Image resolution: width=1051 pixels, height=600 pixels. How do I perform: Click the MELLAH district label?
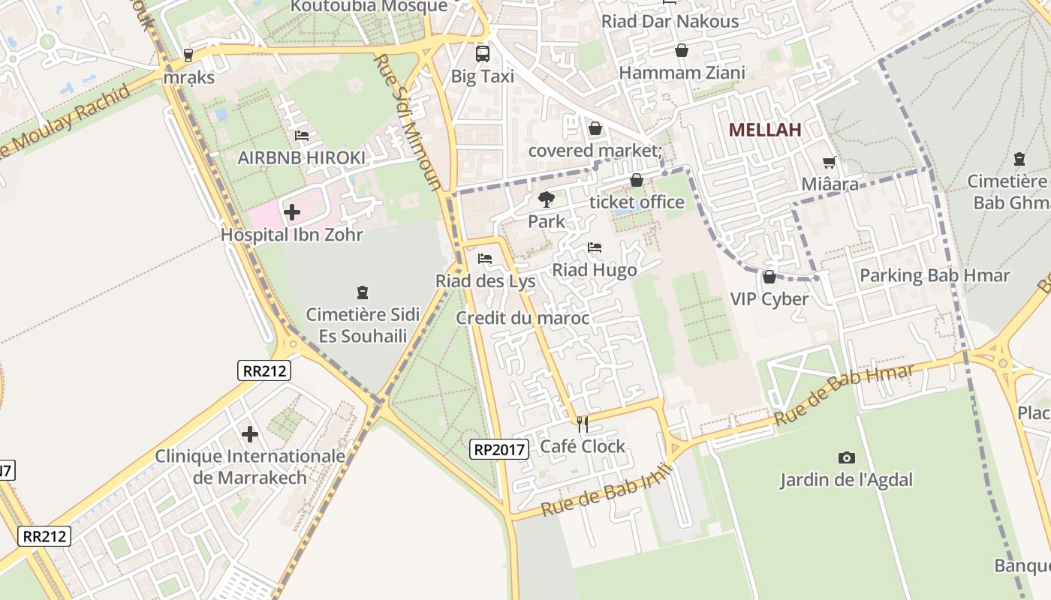coord(765,130)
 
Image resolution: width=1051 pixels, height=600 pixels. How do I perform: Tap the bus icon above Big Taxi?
coord(482,54)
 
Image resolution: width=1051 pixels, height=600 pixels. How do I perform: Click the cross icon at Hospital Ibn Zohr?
coord(292,212)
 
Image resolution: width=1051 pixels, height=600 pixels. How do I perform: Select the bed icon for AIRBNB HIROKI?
coord(302,136)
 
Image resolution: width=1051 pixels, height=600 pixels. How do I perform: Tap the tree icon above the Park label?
coord(547,199)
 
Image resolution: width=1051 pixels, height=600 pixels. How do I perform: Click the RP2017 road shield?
coord(500,449)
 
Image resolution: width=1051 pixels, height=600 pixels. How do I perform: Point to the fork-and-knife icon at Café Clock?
coord(583,424)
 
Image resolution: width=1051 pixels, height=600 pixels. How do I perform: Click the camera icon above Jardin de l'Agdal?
coord(846,457)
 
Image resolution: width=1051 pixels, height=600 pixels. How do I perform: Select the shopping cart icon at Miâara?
coord(830,162)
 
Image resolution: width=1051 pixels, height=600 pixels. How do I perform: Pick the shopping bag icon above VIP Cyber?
coord(769,277)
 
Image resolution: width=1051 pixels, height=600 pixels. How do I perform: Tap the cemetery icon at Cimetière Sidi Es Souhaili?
coord(363,292)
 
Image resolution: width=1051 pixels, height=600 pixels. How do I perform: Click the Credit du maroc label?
coord(522,318)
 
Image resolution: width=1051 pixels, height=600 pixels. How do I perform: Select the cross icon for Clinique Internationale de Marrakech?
coord(250,434)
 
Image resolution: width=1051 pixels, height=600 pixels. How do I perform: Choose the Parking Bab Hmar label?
coord(935,275)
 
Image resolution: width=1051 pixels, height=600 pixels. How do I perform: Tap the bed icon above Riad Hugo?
coord(595,247)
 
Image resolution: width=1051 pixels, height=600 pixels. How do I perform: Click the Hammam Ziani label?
coord(682,73)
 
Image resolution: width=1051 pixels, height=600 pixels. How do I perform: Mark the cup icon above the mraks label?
coord(188,55)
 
